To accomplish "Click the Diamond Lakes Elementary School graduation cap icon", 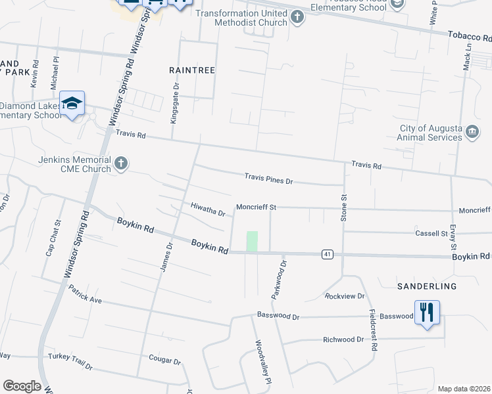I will point(72,104).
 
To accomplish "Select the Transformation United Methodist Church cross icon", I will point(297,17).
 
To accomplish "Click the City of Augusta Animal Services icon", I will point(472,133).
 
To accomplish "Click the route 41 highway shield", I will point(326,253).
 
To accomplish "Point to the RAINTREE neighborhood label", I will point(192,70).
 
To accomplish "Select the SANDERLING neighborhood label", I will point(427,287).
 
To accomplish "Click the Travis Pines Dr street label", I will point(268,178).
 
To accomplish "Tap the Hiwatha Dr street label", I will point(208,209).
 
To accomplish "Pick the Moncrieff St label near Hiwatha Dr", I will point(256,207).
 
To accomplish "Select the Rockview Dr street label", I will point(345,296).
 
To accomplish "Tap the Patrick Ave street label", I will point(85,294).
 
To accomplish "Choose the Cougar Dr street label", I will point(165,361).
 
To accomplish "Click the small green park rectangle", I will point(252,241).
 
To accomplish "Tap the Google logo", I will point(21,385).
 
